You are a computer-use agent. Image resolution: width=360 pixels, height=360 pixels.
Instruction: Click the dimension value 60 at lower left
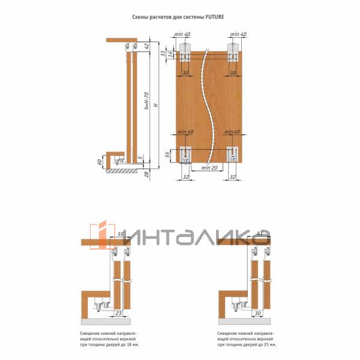[x=100, y=163]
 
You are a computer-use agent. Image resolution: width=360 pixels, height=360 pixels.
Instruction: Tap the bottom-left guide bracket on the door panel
[x=185, y=155]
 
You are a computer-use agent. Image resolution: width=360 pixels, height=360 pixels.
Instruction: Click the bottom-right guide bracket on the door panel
[x=232, y=155]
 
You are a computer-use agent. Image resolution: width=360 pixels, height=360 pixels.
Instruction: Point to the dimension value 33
[x=163, y=53]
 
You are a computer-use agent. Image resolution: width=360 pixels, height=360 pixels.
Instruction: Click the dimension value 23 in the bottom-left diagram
[x=119, y=313]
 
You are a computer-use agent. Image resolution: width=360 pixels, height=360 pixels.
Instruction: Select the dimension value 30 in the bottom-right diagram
[x=257, y=313]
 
